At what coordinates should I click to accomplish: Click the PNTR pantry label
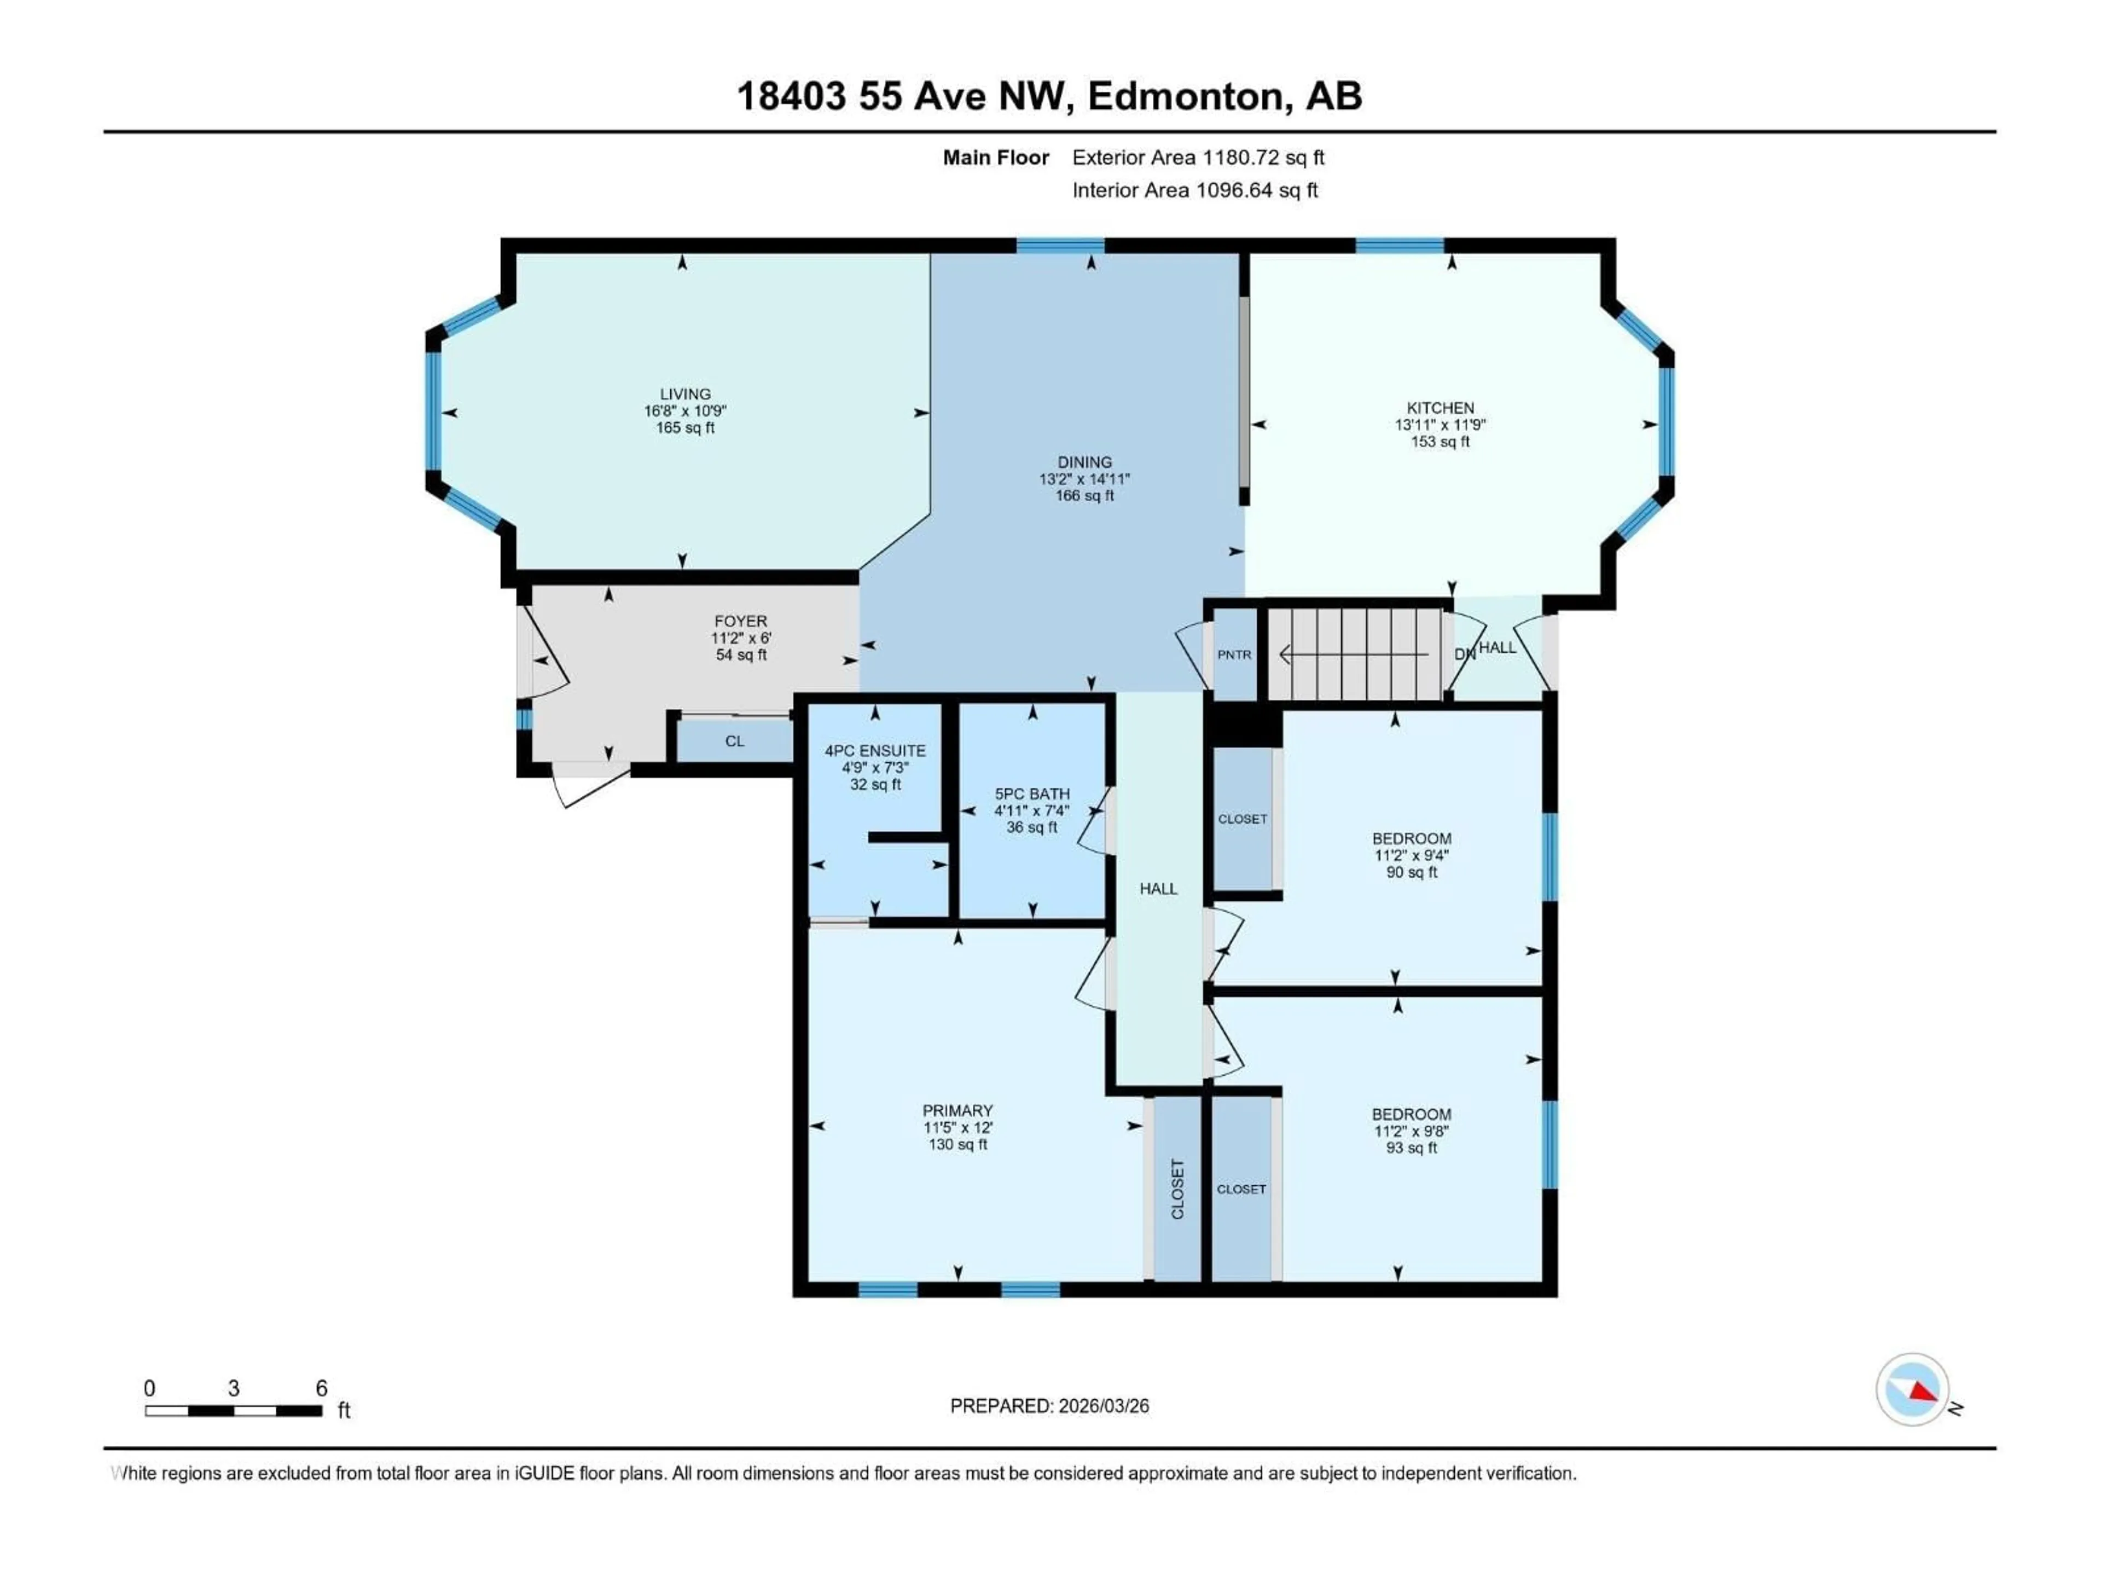point(1234,654)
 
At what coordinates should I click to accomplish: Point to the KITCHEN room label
point(1440,408)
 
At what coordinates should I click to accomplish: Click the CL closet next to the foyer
point(734,741)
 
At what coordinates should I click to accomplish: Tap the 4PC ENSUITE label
point(875,750)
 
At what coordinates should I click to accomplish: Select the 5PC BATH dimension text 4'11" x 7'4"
point(1031,810)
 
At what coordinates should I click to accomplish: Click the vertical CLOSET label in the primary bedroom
point(1178,1189)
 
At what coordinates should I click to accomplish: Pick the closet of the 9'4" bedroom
point(1243,819)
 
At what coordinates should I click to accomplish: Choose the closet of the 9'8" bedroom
point(1241,1189)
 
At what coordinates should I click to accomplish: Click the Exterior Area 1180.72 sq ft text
point(1198,158)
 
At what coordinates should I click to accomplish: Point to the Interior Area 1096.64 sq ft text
point(1195,190)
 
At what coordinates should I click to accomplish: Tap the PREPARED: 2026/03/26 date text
point(1049,1406)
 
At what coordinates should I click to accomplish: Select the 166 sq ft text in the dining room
point(1084,496)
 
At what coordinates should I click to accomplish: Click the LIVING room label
point(685,393)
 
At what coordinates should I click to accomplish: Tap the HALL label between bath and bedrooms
point(1158,888)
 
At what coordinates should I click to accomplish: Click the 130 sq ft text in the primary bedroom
point(957,1145)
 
